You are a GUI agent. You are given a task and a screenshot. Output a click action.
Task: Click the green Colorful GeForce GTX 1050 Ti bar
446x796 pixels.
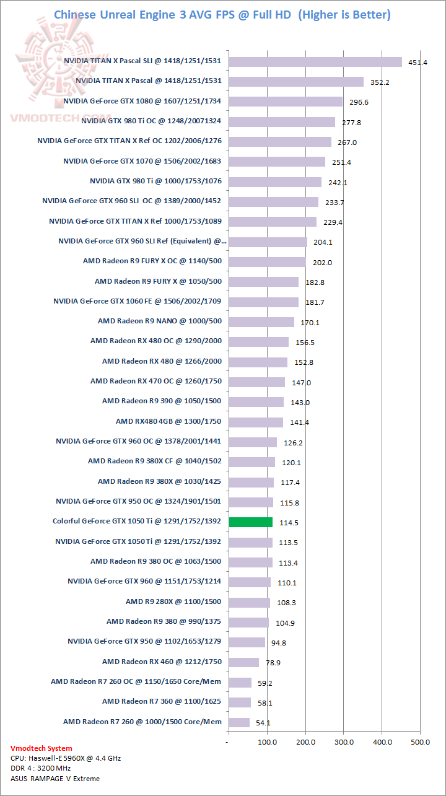(251, 522)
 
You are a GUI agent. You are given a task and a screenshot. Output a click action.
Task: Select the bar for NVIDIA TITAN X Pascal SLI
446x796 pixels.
(315, 61)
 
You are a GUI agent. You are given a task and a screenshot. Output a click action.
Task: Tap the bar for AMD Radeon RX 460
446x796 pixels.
(243, 662)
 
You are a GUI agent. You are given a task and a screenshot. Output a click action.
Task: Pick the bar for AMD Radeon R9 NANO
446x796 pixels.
(261, 321)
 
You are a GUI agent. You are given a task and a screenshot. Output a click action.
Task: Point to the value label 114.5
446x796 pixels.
(289, 523)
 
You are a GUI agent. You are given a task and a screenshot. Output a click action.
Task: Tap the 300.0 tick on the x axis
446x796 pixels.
(344, 741)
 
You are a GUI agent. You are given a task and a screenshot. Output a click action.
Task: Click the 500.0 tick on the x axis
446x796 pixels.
(421, 741)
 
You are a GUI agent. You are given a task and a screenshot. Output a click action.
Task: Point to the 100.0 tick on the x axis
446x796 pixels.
(267, 741)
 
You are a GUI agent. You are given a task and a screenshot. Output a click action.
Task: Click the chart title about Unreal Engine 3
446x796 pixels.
(222, 14)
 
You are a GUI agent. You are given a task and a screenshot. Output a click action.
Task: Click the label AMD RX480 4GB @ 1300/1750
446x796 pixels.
(168, 421)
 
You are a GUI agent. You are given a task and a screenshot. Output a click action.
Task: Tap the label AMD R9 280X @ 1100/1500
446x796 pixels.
(173, 601)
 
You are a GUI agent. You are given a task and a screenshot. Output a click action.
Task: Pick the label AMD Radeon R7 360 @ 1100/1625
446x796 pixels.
(162, 701)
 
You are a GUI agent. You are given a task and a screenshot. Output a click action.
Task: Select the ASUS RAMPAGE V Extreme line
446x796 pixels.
(55, 779)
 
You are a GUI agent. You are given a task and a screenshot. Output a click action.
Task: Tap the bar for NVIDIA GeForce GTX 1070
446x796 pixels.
(277, 162)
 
